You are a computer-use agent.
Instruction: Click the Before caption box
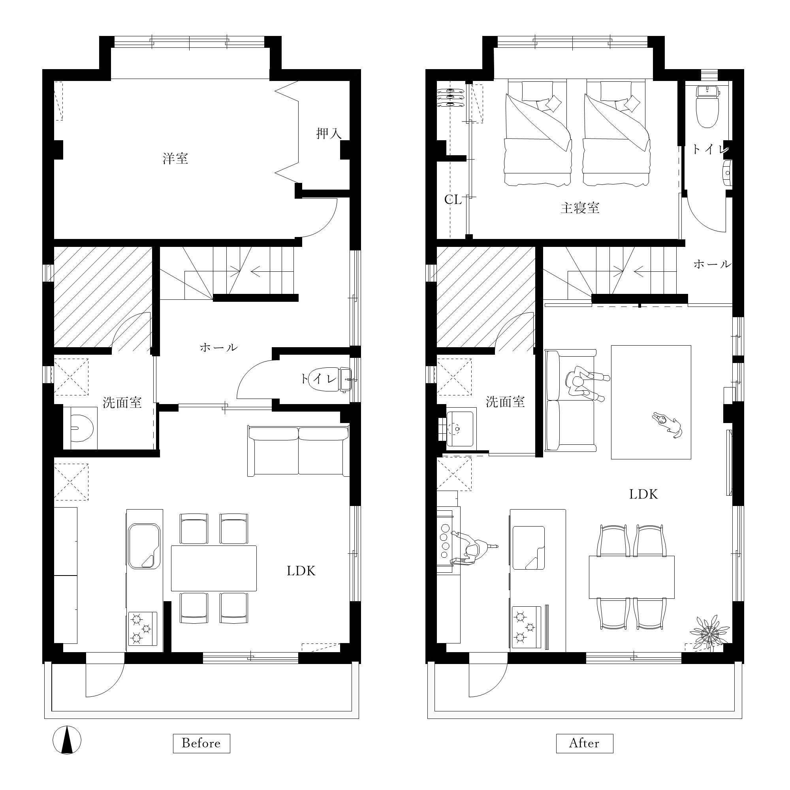(201, 743)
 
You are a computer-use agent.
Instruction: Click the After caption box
(584, 743)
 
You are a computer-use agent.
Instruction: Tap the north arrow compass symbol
(67, 740)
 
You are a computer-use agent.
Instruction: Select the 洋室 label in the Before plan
(175, 158)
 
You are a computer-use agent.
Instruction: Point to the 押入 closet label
(328, 133)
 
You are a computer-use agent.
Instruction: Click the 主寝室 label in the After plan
(580, 208)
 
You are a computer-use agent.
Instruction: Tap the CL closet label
(453, 199)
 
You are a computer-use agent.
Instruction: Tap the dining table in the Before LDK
(214, 568)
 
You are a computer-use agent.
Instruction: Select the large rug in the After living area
(651, 402)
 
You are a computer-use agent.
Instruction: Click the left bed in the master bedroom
(537, 133)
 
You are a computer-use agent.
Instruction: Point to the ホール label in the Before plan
(218, 347)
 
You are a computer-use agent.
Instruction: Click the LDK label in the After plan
(643, 495)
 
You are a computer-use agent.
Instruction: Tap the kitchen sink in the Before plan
(144, 546)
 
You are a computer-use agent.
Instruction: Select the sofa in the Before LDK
(299, 451)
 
